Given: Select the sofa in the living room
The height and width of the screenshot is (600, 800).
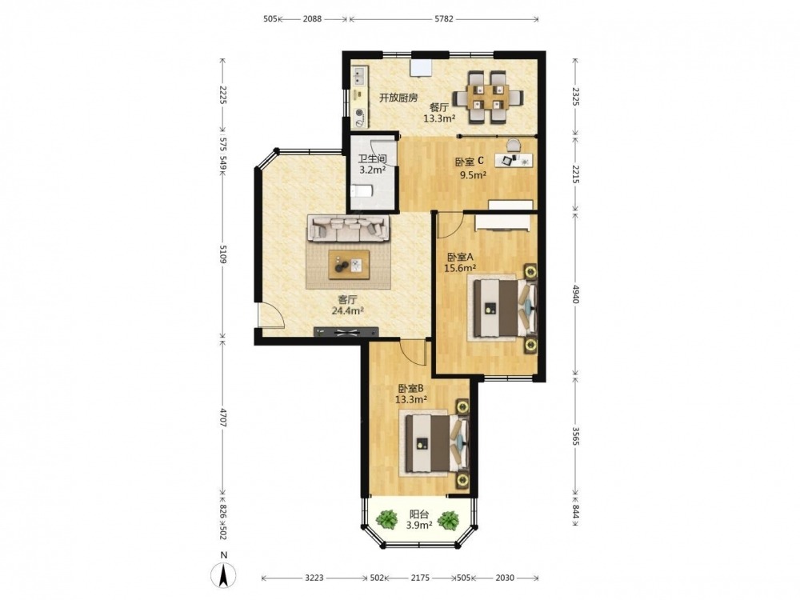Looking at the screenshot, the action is pyautogui.click(x=348, y=227).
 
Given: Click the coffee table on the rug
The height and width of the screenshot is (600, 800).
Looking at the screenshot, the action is pyautogui.click(x=350, y=264).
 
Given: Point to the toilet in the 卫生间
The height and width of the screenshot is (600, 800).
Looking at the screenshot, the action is pyautogui.click(x=362, y=192).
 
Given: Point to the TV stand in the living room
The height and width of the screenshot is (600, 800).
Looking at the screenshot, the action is pyautogui.click(x=346, y=332).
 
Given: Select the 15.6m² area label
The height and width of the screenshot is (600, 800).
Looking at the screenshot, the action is pyautogui.click(x=461, y=267).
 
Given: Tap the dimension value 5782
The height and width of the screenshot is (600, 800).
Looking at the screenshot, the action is pyautogui.click(x=443, y=19).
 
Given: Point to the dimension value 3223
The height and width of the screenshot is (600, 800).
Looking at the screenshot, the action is pyautogui.click(x=314, y=578).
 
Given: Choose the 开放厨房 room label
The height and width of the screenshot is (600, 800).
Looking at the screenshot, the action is pyautogui.click(x=398, y=98).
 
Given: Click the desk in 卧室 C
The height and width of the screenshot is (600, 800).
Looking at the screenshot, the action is pyautogui.click(x=513, y=160).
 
